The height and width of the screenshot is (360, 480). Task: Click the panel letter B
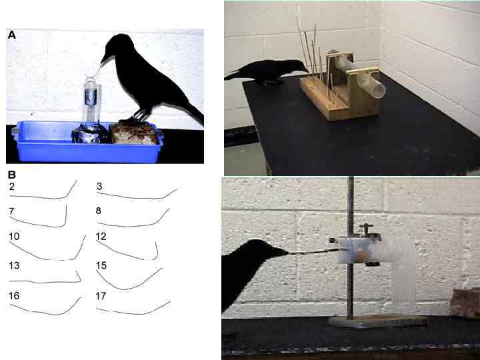(x=11, y=175)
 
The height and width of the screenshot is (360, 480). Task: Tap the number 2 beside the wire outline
(x=12, y=187)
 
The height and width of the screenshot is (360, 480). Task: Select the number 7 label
(x=12, y=211)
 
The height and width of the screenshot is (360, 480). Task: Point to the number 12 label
(x=101, y=237)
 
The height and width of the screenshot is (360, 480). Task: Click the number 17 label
(x=101, y=295)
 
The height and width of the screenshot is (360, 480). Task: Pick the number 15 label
(x=101, y=265)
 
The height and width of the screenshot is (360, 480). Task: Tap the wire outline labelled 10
(x=47, y=255)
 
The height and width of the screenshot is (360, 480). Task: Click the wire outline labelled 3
(x=133, y=197)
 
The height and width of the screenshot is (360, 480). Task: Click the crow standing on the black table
(x=267, y=71)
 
